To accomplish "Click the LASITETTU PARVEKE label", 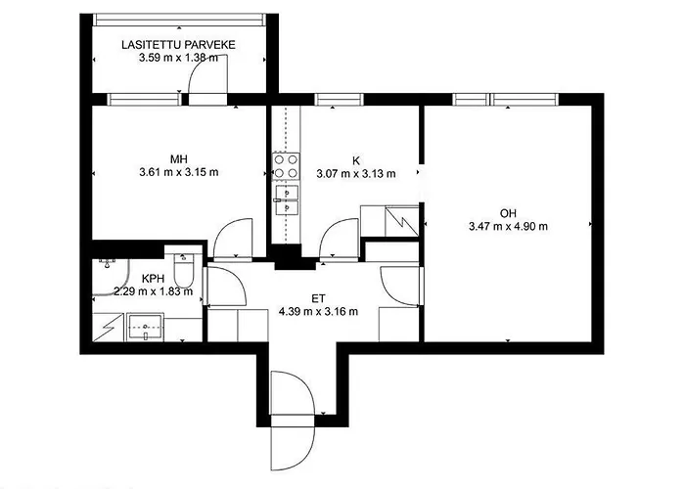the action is point(178,45).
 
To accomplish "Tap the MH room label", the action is point(179,158).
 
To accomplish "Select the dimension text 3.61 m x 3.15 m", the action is point(179,172).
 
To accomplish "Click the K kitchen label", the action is point(356,160).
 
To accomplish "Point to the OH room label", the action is point(508,213).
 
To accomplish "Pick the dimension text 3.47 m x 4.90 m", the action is point(508,226).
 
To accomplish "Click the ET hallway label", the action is point(318,298).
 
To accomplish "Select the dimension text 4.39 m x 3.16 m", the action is point(318,312).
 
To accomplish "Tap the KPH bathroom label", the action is point(153,278).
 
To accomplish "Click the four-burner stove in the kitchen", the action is point(286,166).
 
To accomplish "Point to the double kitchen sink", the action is point(286,200).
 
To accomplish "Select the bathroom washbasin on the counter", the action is point(145,327).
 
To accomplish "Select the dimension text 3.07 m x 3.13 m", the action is point(356,174).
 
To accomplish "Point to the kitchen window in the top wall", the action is point(339,100).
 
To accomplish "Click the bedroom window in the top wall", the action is point(144,100).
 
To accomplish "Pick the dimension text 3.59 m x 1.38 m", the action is point(178,58).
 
